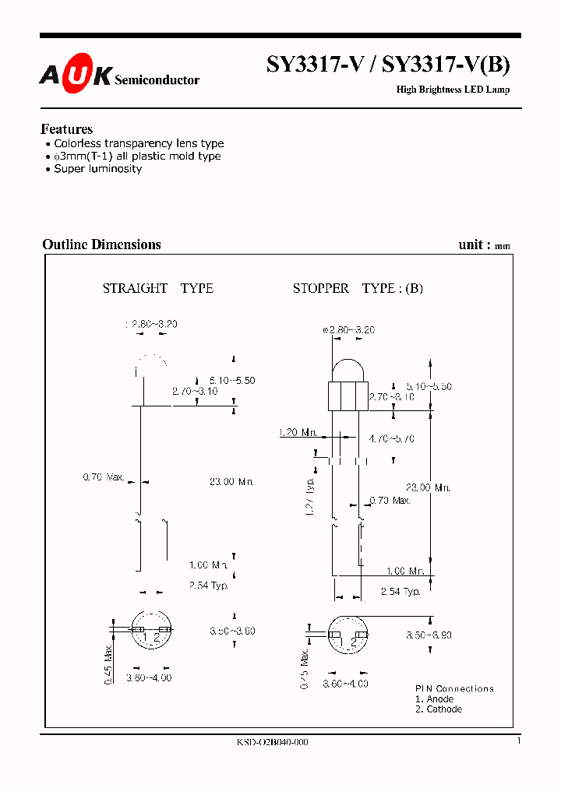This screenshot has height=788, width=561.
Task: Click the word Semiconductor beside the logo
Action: click(157, 79)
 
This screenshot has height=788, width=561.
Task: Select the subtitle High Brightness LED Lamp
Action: click(453, 90)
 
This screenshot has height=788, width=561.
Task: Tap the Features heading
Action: click(66, 129)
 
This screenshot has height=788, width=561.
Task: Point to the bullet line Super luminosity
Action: click(97, 168)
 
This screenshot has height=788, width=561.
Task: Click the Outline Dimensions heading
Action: click(101, 244)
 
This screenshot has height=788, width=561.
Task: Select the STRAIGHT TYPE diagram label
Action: click(157, 288)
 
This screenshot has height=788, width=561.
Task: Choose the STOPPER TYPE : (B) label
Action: click(358, 288)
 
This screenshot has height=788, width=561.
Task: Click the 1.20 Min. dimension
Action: click(298, 431)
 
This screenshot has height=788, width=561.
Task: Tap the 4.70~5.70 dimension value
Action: click(391, 439)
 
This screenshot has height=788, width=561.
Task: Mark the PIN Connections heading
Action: click(454, 688)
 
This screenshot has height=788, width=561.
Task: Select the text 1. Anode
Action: click(434, 699)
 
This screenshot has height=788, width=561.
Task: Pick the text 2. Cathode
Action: click(438, 709)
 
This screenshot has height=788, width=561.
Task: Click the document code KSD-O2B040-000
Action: click(272, 742)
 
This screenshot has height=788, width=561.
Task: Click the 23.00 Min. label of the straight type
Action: click(232, 482)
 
